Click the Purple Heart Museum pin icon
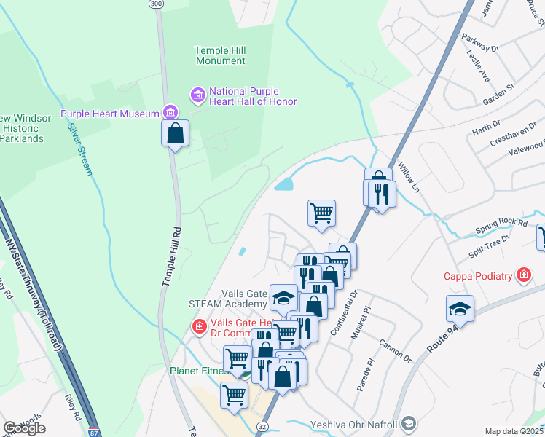pos(170,113)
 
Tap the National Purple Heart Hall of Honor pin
pos(197,95)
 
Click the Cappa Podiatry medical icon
pos(522,275)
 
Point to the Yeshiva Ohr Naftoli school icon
pos(409,422)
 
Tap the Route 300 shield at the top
pos(155,4)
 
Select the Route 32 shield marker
pos(262,425)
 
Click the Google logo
pos(25,428)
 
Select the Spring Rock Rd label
pos(501,222)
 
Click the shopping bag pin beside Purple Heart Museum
pos(175,134)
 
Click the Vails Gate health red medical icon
pos(198,328)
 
